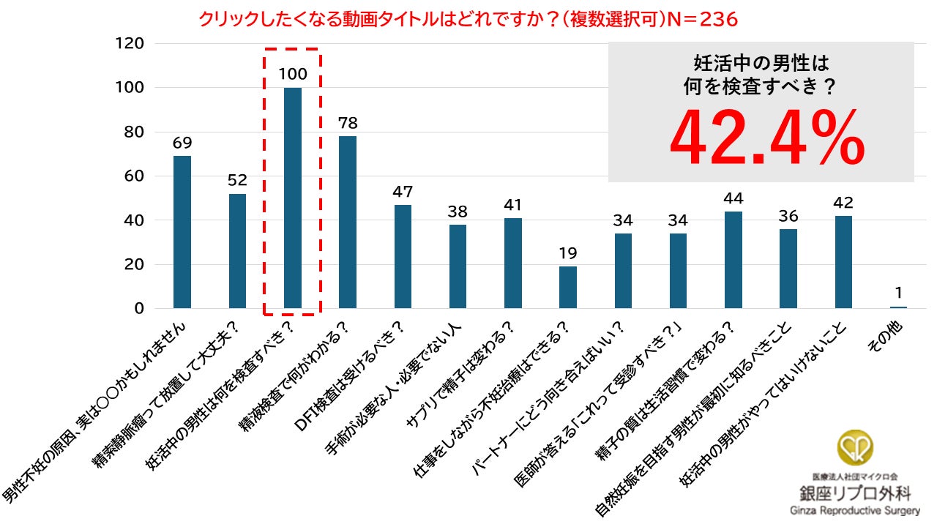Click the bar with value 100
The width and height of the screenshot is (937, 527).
pyautogui.click(x=292, y=198)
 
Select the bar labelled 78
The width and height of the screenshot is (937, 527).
pyautogui.click(x=348, y=223)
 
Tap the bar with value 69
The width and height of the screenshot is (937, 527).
pyautogui.click(x=182, y=232)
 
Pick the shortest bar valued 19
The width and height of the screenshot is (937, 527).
pyautogui.click(x=568, y=287)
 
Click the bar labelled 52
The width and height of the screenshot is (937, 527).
pyautogui.click(x=237, y=251)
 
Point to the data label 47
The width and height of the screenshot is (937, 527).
pyautogui.click(x=403, y=193)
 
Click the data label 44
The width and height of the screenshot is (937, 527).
pyautogui.click(x=733, y=199)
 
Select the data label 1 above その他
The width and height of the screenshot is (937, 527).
pyautogui.click(x=898, y=293)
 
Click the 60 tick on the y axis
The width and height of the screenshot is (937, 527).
pyautogui.click(x=134, y=176)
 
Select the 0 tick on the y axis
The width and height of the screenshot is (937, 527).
pyautogui.click(x=139, y=308)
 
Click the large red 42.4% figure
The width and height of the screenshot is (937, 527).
pyautogui.click(x=767, y=139)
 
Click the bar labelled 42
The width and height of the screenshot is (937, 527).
pyautogui.click(x=843, y=262)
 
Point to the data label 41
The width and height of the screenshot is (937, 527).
pyautogui.click(x=513, y=206)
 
